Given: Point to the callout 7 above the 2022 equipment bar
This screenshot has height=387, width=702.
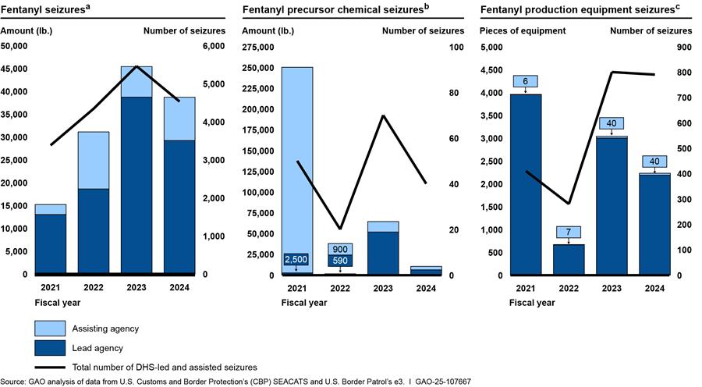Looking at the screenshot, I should (x=569, y=232).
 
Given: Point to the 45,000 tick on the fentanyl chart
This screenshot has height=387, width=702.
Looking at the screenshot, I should (x=15, y=69).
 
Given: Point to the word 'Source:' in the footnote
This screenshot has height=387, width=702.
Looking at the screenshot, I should (x=15, y=382).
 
